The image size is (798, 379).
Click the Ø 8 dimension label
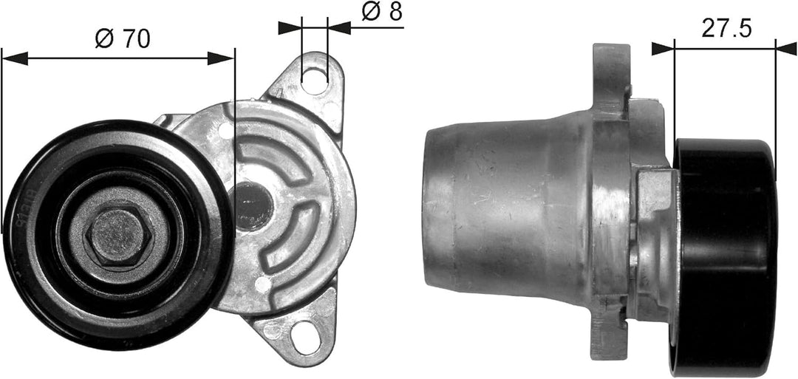tap(382, 13)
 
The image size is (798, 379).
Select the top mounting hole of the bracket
tap(315, 78)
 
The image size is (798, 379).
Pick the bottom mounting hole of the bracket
tap(304, 336)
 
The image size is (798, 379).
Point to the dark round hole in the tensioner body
tap(253, 207)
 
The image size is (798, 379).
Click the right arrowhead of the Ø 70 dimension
tap(222, 58)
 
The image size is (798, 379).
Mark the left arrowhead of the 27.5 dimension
tap(663, 48)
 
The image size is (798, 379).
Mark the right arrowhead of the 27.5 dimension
tap(765, 48)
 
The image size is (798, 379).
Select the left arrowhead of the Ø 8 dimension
tap(291, 27)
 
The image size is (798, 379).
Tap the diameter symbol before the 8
tap(370, 13)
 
